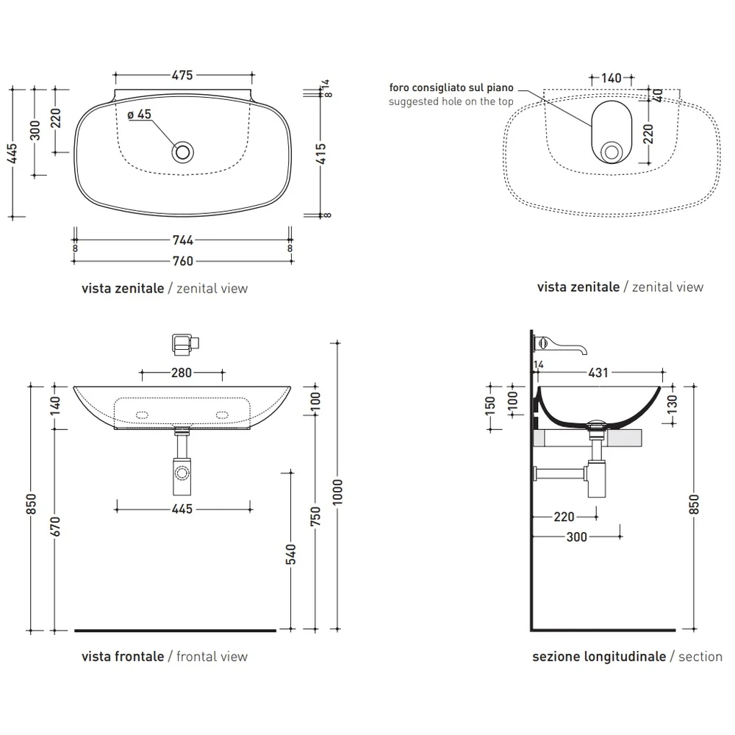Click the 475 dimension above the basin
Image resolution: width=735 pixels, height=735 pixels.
[182, 75]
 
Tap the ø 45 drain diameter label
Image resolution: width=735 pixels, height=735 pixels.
[139, 115]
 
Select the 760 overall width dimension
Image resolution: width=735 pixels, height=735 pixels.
[183, 261]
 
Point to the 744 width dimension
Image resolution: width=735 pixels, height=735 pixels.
[183, 240]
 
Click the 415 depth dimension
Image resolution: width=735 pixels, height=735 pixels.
[321, 154]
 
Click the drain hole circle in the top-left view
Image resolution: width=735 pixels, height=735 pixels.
[182, 152]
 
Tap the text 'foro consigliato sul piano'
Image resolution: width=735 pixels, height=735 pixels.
[451, 87]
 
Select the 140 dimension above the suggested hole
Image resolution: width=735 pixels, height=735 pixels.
[612, 78]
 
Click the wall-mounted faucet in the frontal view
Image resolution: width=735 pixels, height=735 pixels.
[186, 344]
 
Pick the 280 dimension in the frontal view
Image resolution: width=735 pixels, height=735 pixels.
[182, 373]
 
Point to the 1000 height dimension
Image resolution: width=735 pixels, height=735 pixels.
[337, 492]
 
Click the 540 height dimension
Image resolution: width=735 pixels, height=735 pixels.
[291, 554]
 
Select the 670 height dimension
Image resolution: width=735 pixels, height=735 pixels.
[55, 526]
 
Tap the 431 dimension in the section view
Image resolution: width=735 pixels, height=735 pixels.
[598, 373]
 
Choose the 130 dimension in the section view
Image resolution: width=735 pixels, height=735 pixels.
[672, 404]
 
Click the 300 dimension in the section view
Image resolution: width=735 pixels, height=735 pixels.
[576, 537]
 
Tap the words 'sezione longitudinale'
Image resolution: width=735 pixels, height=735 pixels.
[599, 656]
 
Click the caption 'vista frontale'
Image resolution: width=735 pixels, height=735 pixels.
[123, 656]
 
